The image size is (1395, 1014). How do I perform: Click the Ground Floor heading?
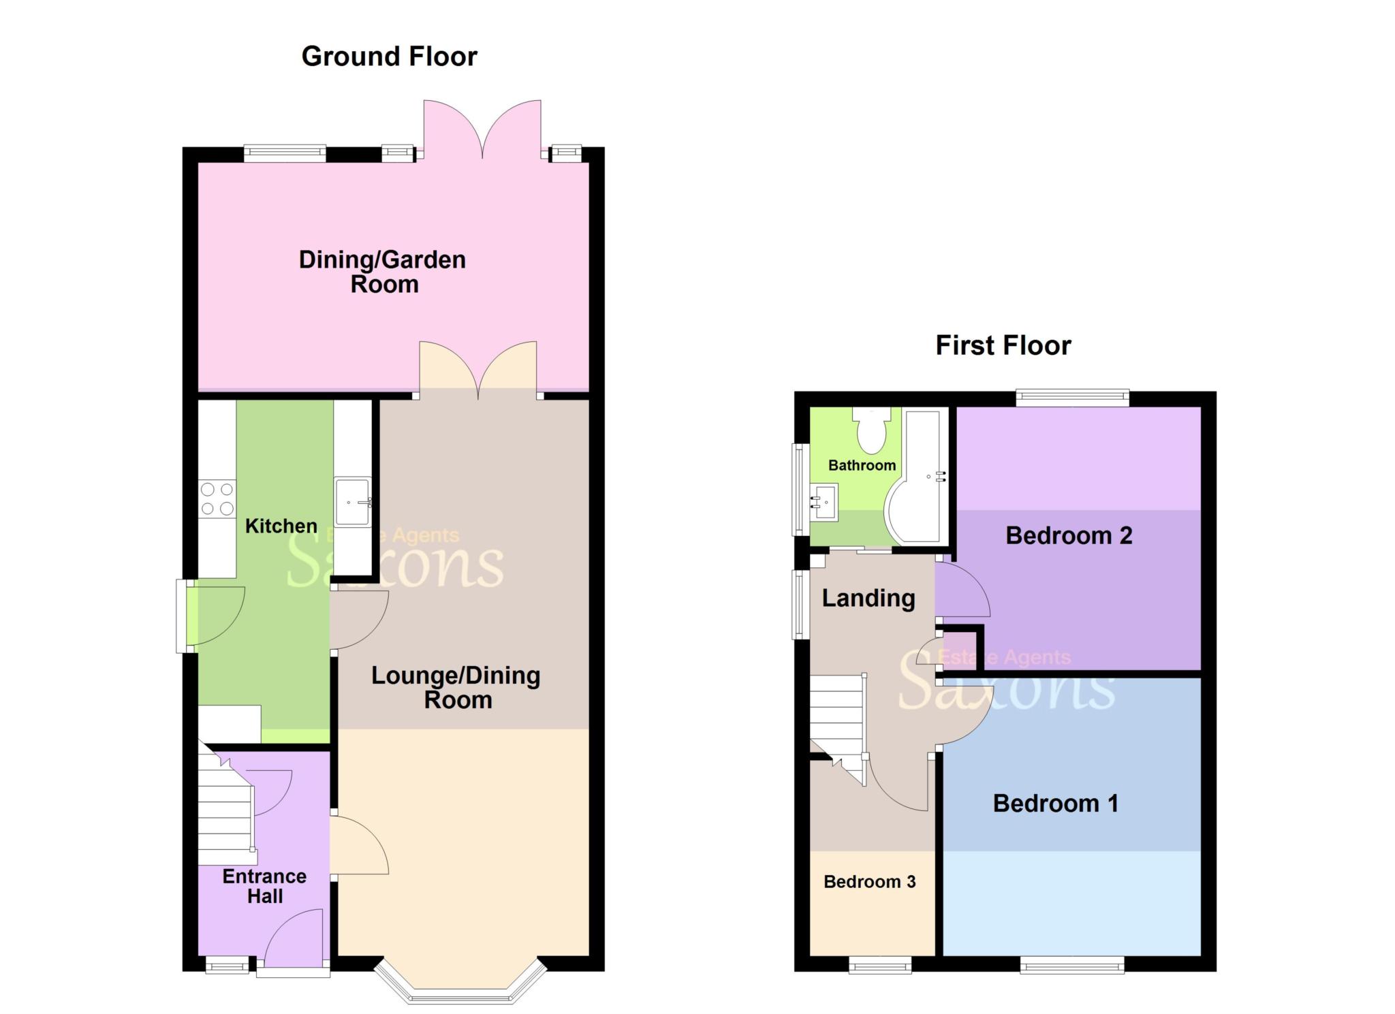click(389, 57)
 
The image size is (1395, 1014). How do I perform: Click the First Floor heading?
click(1003, 346)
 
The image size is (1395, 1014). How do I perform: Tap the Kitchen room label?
click(281, 526)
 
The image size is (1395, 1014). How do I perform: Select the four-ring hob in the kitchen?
click(217, 498)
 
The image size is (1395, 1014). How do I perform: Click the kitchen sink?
click(352, 502)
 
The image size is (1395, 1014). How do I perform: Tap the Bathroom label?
click(862, 466)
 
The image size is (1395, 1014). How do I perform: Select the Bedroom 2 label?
click(1068, 536)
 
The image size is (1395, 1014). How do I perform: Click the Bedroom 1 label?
click(1055, 804)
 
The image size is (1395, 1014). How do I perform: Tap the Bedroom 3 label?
click(869, 882)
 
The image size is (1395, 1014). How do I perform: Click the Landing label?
click(868, 599)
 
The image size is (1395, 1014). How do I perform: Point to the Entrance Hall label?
click(264, 886)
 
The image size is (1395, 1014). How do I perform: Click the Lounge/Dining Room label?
click(456, 688)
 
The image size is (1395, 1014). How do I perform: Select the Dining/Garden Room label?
click(382, 272)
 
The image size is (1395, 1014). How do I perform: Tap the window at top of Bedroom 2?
click(1072, 396)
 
